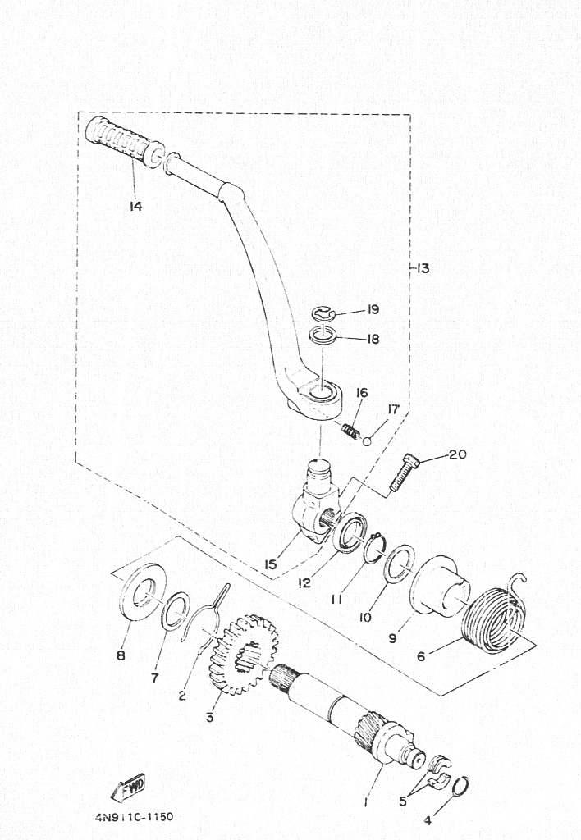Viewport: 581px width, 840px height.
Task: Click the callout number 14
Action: click(135, 206)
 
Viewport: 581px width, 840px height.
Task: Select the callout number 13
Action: click(423, 268)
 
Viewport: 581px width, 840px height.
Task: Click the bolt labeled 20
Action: click(405, 472)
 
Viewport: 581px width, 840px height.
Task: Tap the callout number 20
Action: click(457, 454)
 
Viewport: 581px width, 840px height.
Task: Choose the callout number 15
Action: click(271, 564)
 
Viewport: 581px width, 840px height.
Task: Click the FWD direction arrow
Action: click(127, 787)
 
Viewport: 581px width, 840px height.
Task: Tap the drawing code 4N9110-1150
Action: click(135, 817)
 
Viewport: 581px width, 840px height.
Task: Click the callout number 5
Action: click(403, 801)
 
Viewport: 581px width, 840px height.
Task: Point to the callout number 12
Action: click(304, 582)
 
